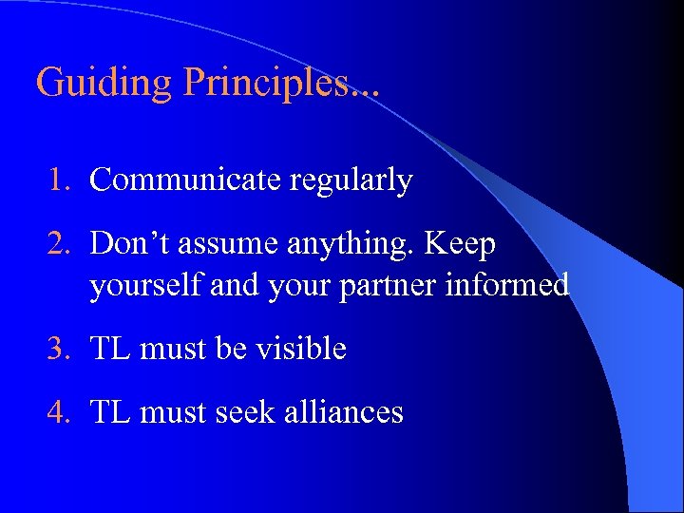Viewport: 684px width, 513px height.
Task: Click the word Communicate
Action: click(x=180, y=180)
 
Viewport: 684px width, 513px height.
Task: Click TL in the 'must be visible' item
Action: click(x=110, y=350)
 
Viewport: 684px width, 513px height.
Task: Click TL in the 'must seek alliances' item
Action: click(x=110, y=412)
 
